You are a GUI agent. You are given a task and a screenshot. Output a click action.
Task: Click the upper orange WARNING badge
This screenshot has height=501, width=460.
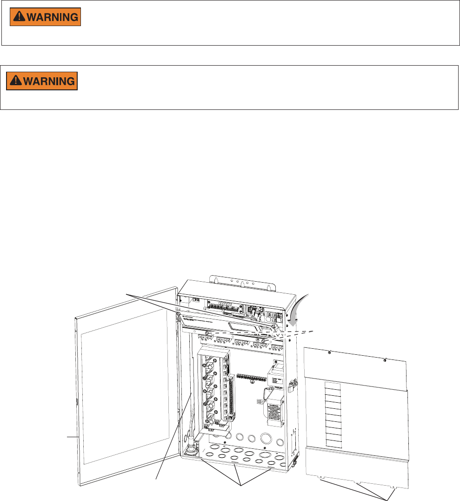click(46, 17)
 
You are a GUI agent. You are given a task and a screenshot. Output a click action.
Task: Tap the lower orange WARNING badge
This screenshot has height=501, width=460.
click(41, 81)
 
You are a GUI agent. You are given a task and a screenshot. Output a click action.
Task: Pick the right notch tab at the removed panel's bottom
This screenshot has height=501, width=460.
click(394, 487)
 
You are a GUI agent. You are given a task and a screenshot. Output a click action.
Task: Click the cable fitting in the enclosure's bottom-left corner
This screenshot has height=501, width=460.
click(191, 450)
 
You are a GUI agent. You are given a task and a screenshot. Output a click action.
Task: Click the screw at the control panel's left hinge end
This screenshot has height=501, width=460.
click(178, 315)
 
